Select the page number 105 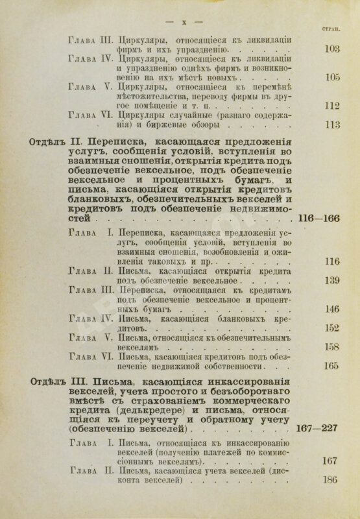click(332, 77)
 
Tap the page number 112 click(332, 106)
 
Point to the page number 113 click(332, 125)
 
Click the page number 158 click(332, 347)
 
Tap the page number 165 click(332, 367)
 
